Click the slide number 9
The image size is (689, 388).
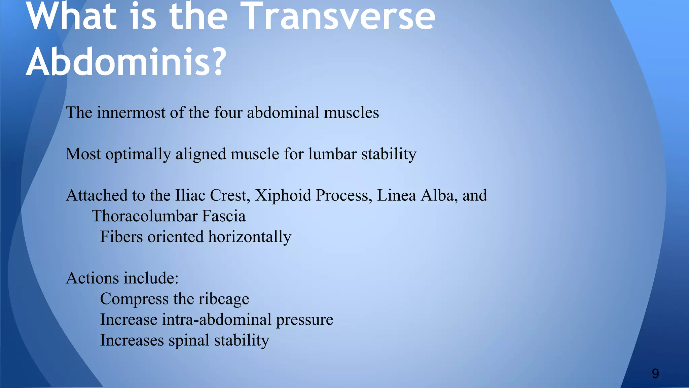tap(655, 374)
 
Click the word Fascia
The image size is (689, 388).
tap(224, 216)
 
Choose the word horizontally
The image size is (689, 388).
tap(250, 237)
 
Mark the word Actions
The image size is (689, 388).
tap(93, 278)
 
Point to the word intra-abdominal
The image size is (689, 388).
tap(216, 320)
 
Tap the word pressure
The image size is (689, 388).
tap(304, 320)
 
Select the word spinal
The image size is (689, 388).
tap(189, 341)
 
